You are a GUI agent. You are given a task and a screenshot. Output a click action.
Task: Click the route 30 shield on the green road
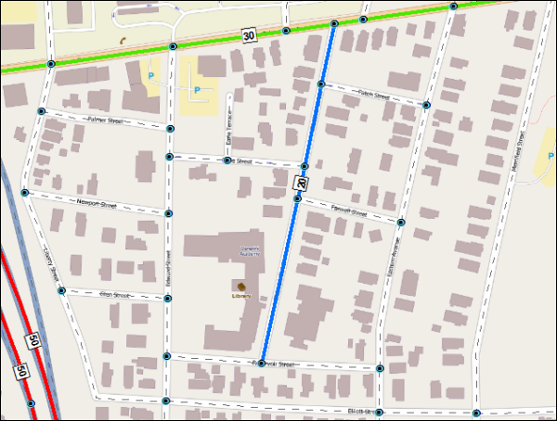coord(249,35)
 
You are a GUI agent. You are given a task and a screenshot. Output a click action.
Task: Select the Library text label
coord(241,296)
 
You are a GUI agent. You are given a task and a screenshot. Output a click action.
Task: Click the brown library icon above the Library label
coord(241,285)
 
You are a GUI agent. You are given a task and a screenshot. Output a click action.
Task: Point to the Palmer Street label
coord(105,120)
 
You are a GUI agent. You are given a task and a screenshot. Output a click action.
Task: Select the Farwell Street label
coord(350,213)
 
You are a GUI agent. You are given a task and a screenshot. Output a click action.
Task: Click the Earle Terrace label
coord(227,136)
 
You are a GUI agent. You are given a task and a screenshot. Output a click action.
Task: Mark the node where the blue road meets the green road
coord(333,23)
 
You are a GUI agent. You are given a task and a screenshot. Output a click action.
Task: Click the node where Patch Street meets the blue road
coord(320,84)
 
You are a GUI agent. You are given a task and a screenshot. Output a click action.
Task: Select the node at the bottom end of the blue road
coord(261,363)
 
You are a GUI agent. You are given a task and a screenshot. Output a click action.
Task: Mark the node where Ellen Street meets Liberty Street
coord(60,290)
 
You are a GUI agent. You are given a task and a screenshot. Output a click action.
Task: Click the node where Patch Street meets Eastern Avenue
coord(425,105)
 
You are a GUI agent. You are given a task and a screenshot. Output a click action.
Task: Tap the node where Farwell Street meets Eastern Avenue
coord(401,223)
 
